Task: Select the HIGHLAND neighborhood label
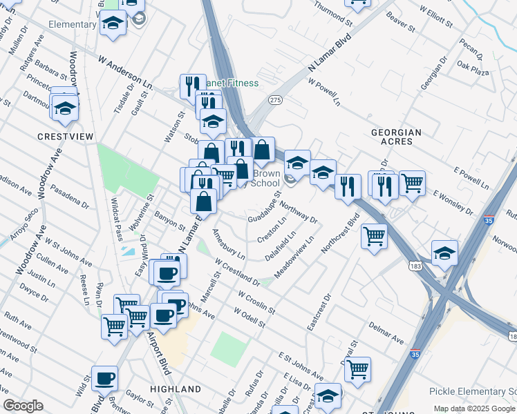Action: [170, 390]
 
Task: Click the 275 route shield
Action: [276, 101]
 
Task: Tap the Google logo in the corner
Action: [23, 406]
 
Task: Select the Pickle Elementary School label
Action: [473, 391]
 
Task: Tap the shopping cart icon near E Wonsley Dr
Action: [412, 183]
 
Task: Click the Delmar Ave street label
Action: [386, 332]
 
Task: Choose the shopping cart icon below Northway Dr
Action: [374, 236]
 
